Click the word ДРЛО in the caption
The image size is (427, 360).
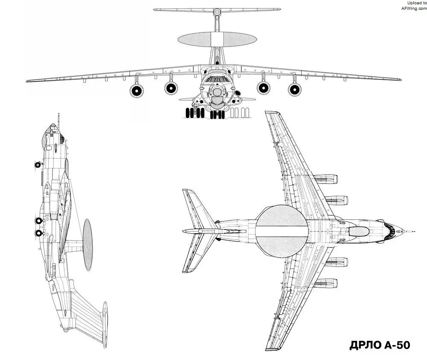click(x=366, y=345)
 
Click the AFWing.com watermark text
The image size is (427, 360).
click(x=414, y=9)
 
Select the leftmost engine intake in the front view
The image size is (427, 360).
click(x=137, y=90)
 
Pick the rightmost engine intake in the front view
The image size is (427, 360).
click(x=295, y=89)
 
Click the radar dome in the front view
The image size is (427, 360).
click(x=217, y=40)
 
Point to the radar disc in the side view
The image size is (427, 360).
click(x=88, y=245)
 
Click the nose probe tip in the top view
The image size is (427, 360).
click(x=414, y=232)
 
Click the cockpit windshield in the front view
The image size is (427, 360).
click(x=217, y=79)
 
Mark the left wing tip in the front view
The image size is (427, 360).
click(x=27, y=81)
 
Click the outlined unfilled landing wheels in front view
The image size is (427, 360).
click(x=239, y=113)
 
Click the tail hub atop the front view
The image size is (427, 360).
click(x=217, y=12)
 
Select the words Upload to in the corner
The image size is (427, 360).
click(x=417, y=3)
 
